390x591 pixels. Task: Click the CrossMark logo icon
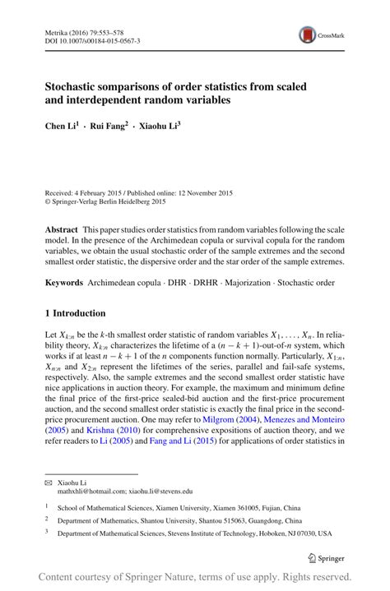(307, 35)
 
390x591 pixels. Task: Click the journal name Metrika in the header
(57, 28)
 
